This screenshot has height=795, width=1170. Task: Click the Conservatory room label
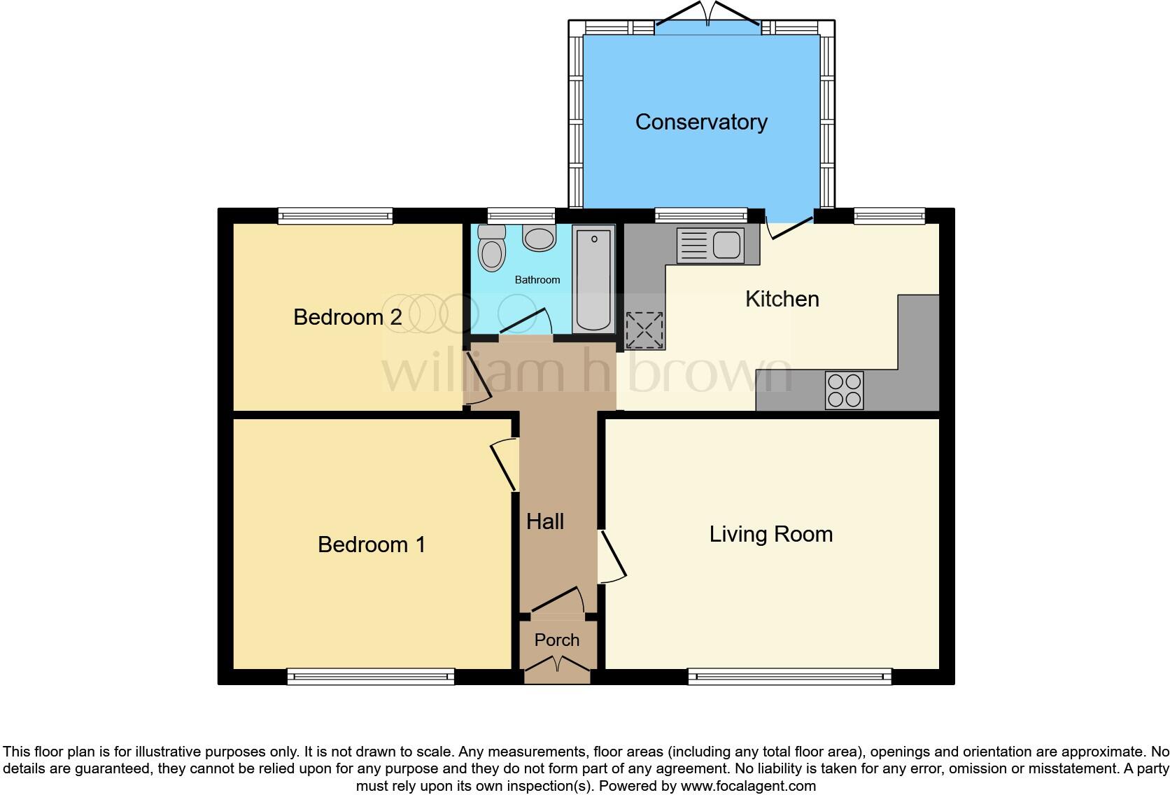coord(701,122)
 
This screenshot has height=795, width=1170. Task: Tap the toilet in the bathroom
coord(491,248)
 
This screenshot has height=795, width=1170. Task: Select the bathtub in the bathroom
coord(593,279)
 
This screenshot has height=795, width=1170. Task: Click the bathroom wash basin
coord(538,238)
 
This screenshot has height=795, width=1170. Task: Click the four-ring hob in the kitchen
coord(844,390)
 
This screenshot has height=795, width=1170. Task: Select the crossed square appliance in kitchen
coord(644,330)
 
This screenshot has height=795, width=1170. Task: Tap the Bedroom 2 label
coord(347,317)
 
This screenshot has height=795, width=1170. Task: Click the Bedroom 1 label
coord(372,544)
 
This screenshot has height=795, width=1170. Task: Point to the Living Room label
coord(771,534)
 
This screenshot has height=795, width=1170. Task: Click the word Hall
coord(545,521)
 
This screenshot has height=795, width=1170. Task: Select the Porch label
coord(557,640)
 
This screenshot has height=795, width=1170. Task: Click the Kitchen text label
coord(782,299)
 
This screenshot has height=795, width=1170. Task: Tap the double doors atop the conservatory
coord(708,13)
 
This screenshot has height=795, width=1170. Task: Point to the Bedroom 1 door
coord(504,465)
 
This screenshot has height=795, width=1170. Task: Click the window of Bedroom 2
coord(335,215)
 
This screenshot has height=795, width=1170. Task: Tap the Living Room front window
coord(789,675)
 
